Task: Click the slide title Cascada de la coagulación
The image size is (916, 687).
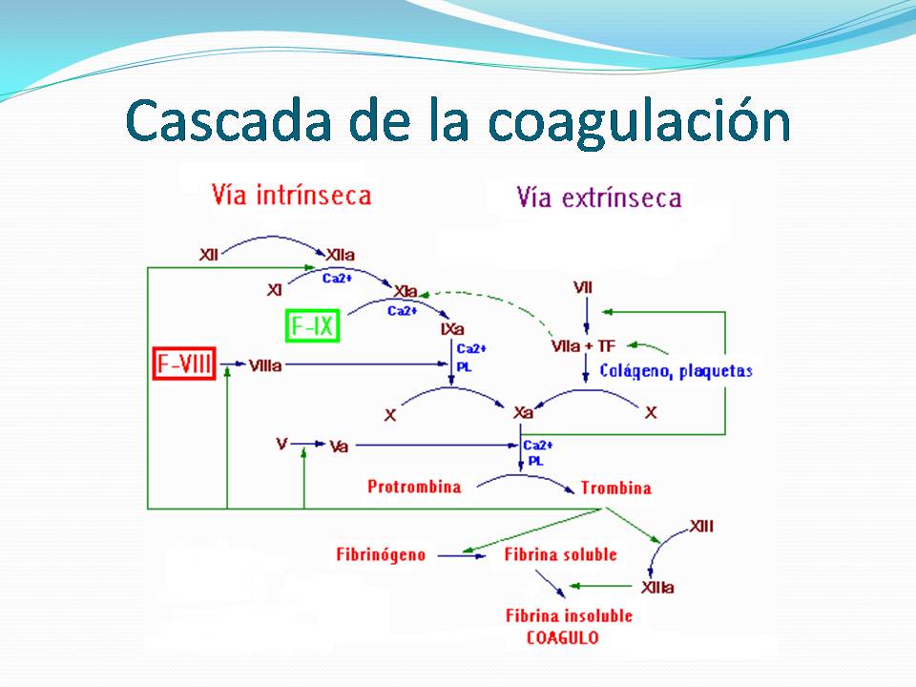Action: point(458,121)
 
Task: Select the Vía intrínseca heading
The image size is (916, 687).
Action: point(291,196)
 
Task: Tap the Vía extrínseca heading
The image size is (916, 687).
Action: point(599,198)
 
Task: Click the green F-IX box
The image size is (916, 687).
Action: point(313,326)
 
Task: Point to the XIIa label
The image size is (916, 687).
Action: point(342,256)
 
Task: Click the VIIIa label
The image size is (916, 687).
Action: point(264,365)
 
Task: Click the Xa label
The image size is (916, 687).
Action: point(523,413)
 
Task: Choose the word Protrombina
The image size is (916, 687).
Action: point(414,487)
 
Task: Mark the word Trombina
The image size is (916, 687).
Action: point(616,489)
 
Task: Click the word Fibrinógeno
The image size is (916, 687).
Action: point(381,554)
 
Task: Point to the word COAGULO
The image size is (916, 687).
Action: point(563,636)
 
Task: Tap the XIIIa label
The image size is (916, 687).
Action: point(658,588)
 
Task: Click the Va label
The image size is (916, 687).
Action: point(339,446)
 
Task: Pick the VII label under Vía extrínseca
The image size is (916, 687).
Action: point(584,287)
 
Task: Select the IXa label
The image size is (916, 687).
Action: point(452,329)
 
